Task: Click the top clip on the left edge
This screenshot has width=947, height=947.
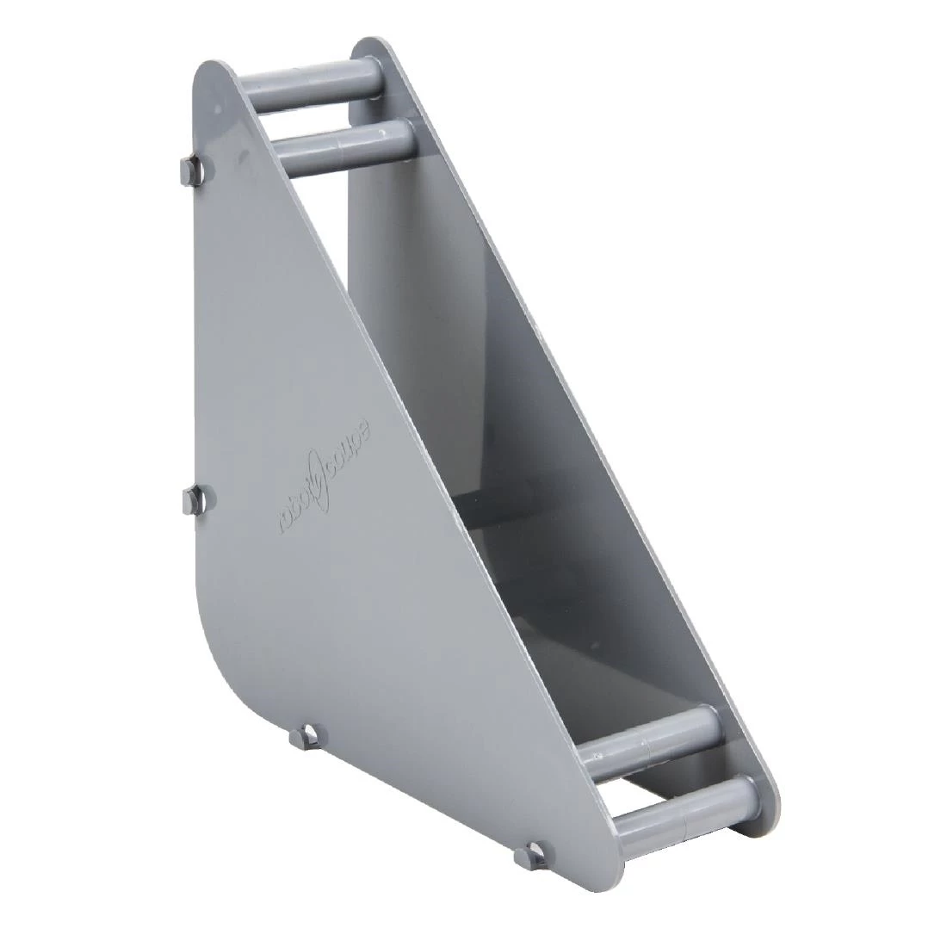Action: [x=193, y=169]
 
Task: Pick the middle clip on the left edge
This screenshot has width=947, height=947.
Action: [x=197, y=501]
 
